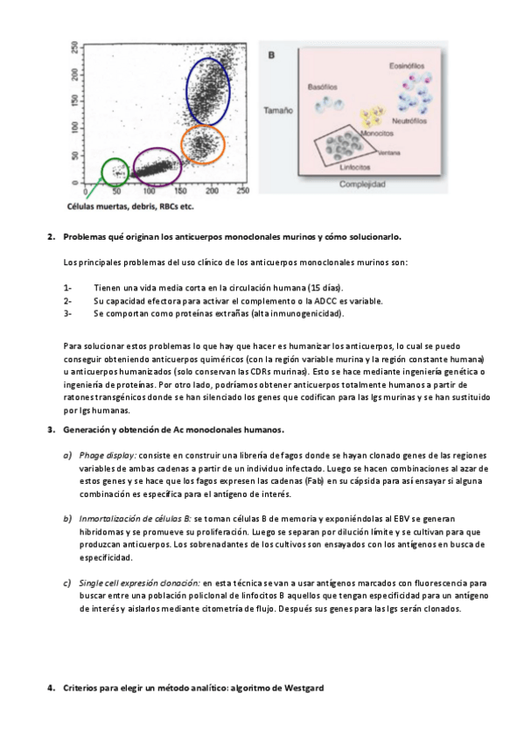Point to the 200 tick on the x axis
(212, 191)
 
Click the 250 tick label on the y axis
(74, 48)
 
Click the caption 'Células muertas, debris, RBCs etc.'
(130, 206)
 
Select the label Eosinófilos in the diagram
(407, 66)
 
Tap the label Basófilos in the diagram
(323, 87)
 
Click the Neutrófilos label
(409, 121)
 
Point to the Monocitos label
(377, 134)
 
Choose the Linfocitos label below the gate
(354, 167)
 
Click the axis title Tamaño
(278, 110)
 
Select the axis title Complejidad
(362, 184)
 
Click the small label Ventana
(389, 153)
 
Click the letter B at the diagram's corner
(271, 55)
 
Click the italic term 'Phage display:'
(108, 456)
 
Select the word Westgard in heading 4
(304, 688)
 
